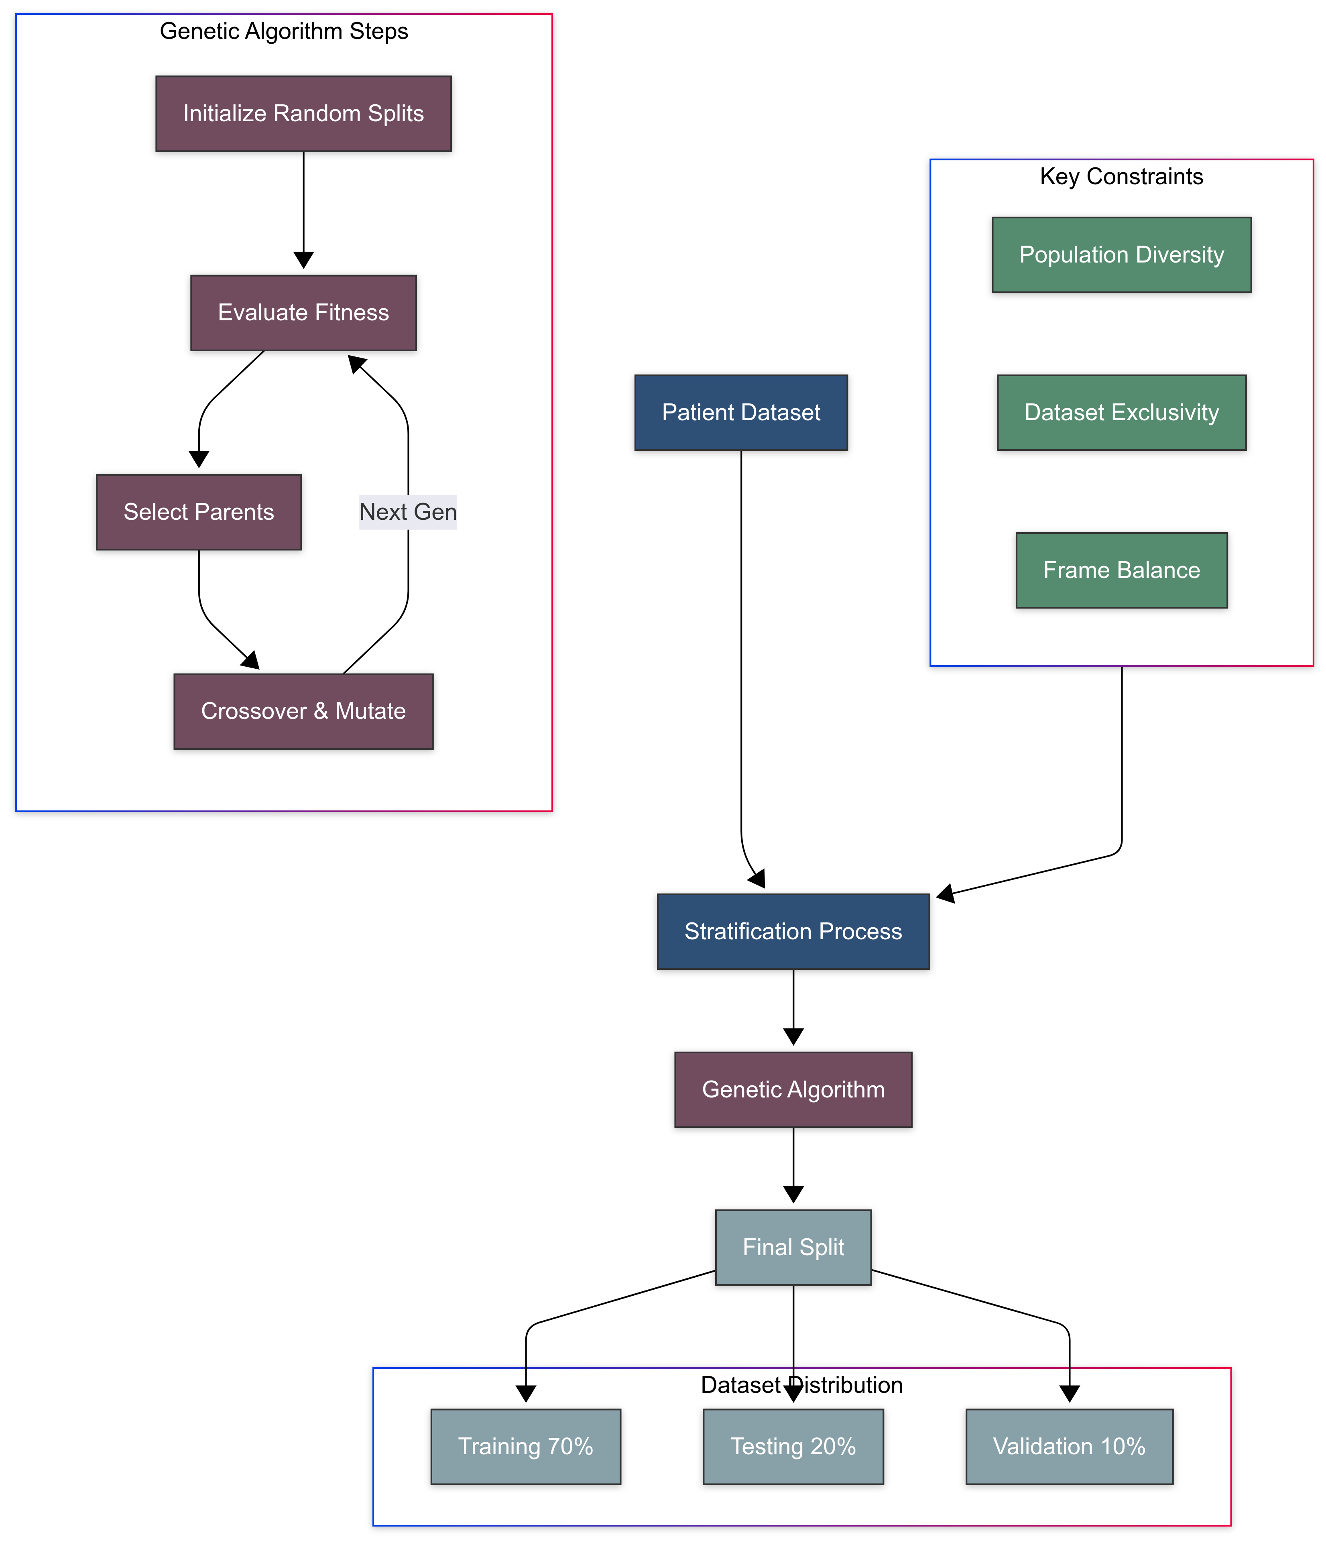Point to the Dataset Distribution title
tap(801, 1385)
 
